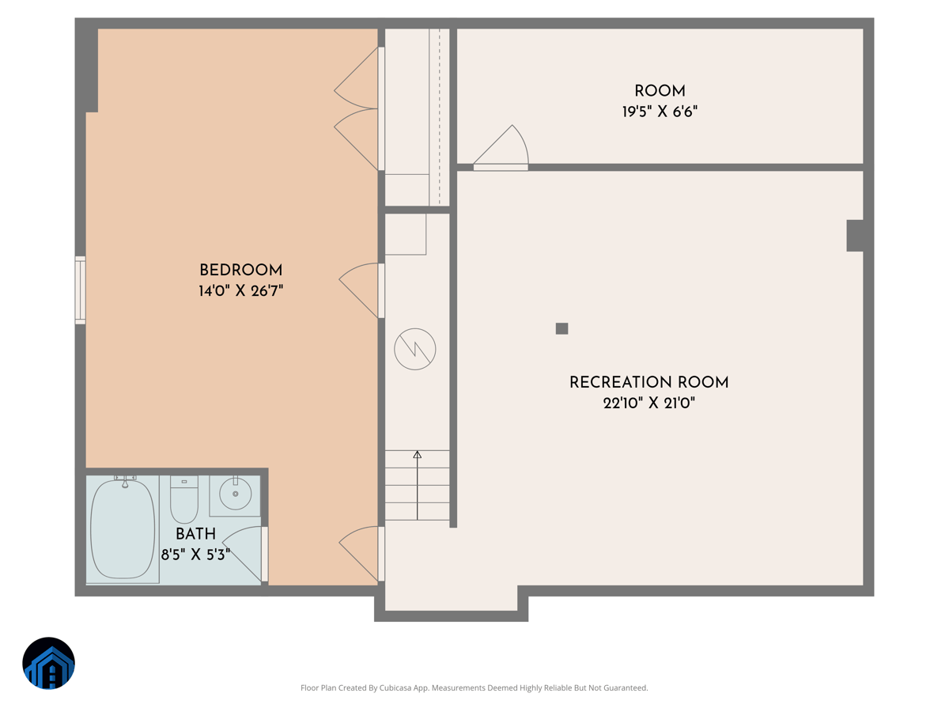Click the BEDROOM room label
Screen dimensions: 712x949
click(x=240, y=271)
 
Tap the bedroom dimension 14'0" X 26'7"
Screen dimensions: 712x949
click(x=240, y=291)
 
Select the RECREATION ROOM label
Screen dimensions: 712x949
click(x=648, y=383)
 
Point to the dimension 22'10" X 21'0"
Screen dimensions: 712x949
click(x=648, y=403)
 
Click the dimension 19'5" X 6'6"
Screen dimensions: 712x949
click(x=660, y=112)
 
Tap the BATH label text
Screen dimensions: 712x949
click(x=195, y=535)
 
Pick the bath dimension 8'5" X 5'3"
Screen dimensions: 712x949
click(x=195, y=555)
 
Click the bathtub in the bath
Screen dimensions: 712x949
click(x=123, y=529)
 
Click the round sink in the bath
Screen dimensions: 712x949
click(x=235, y=494)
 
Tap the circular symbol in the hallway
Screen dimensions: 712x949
click(x=415, y=349)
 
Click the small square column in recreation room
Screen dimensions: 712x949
click(x=561, y=328)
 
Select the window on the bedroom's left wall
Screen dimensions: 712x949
click(x=80, y=290)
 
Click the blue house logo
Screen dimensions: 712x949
click(x=48, y=663)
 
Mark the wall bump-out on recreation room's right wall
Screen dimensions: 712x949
click(x=854, y=236)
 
